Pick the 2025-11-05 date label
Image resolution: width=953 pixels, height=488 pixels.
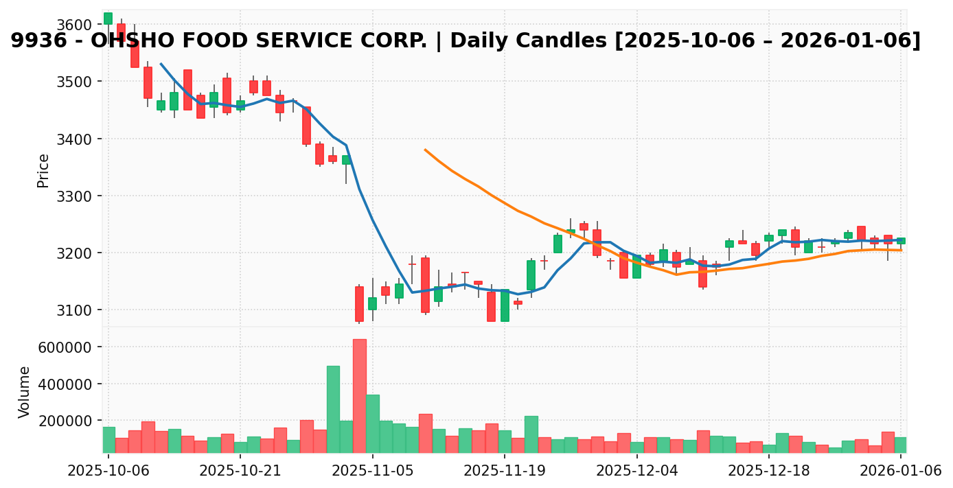coord(372,472)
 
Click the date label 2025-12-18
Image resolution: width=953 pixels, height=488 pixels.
coord(768,472)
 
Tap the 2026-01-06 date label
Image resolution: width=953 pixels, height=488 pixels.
coord(900,472)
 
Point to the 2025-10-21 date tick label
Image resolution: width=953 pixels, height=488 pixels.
coord(240,472)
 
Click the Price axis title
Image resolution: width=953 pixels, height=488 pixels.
coord(43,170)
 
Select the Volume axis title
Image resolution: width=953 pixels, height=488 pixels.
coord(25,392)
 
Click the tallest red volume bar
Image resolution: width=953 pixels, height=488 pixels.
coord(359,395)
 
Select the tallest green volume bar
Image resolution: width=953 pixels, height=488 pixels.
coord(333,409)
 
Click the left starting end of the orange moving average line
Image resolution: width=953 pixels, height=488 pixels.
coord(425,150)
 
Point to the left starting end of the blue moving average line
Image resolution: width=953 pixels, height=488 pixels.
coord(161,64)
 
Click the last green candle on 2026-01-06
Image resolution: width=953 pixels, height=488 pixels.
coord(901,241)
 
